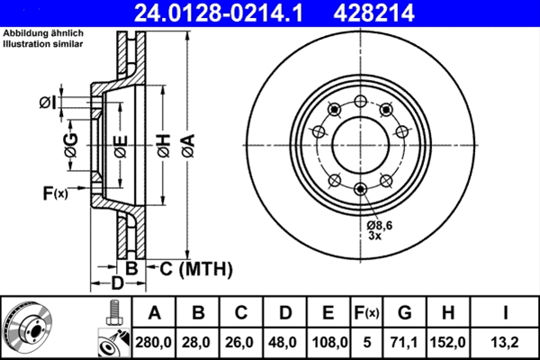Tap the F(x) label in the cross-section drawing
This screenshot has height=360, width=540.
pyautogui.click(x=55, y=193)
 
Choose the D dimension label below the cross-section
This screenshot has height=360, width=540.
pyautogui.click(x=117, y=284)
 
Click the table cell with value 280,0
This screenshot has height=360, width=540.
pyautogui.click(x=154, y=342)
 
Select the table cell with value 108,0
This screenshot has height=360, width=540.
pyautogui.click(x=329, y=342)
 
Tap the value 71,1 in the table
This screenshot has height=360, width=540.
pyautogui.click(x=404, y=342)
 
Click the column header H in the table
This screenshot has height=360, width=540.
pyautogui.click(x=447, y=312)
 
